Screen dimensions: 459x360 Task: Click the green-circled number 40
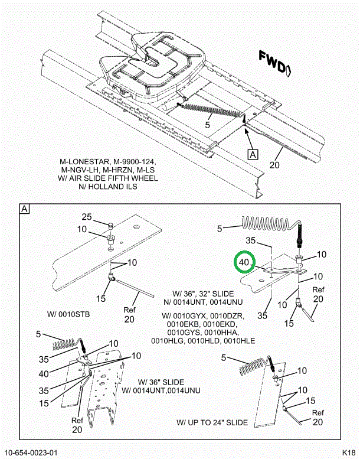[x=244, y=261]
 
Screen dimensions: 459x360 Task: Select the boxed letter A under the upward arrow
[x=253, y=155]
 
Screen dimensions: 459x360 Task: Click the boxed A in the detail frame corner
[x=24, y=209]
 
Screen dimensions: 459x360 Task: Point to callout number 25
[x=87, y=217]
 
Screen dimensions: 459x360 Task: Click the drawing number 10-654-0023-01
[x=32, y=453]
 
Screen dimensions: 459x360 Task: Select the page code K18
[x=347, y=453]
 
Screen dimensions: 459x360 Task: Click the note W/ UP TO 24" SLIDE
[x=212, y=422]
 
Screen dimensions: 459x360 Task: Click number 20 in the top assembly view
[x=274, y=165]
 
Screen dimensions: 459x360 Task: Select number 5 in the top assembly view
[x=208, y=125]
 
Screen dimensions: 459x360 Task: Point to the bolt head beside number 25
[x=110, y=224]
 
